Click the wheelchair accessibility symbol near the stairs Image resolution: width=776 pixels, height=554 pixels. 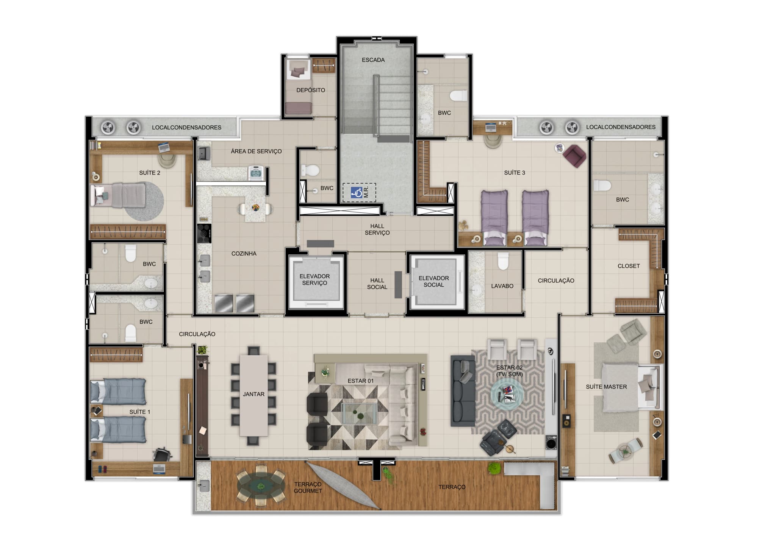pyautogui.click(x=356, y=192)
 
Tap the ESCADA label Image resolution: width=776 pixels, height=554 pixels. pyautogui.click(x=373, y=60)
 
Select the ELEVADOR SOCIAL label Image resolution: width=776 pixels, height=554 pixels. pyautogui.click(x=433, y=281)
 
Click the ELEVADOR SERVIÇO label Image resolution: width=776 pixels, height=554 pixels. pyautogui.click(x=314, y=279)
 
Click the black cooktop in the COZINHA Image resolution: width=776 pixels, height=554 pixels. pyautogui.click(x=205, y=233)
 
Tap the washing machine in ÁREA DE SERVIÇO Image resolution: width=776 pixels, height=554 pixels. pyautogui.click(x=256, y=173)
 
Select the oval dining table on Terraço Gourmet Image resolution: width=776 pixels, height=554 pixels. pyautogui.click(x=261, y=485)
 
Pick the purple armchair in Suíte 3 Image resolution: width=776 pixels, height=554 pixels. pyautogui.click(x=574, y=155)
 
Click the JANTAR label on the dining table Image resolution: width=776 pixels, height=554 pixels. pyautogui.click(x=253, y=394)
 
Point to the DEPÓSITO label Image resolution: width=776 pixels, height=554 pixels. pyautogui.click(x=311, y=90)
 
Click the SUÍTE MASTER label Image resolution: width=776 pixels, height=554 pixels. pyautogui.click(x=606, y=387)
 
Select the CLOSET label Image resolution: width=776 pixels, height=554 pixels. pyautogui.click(x=629, y=266)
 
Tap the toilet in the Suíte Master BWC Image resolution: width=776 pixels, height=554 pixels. pyautogui.click(x=602, y=186)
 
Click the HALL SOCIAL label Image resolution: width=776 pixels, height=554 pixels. pyautogui.click(x=377, y=284)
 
